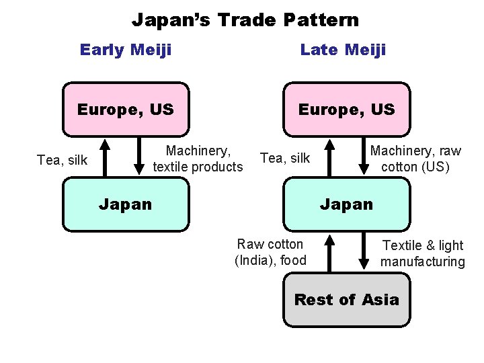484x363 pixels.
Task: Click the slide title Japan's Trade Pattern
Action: coord(245,20)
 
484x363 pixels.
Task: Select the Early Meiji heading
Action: coord(126,50)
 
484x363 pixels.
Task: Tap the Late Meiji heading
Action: coord(343,50)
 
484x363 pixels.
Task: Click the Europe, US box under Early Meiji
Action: coord(126,109)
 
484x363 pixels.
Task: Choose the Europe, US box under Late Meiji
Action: coord(346,109)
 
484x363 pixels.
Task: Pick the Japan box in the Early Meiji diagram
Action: coord(126,204)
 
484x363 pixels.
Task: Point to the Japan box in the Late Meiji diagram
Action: coord(346,204)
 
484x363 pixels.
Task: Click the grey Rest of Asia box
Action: coord(346,300)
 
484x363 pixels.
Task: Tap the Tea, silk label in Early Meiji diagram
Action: coord(63,160)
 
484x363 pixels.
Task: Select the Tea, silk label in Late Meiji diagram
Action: coord(285,158)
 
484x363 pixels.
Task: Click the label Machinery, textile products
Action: coord(198,159)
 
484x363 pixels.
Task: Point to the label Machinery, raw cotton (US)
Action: coord(415,159)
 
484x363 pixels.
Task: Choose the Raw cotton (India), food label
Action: coord(270,252)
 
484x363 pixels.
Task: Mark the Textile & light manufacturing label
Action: coord(422,253)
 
